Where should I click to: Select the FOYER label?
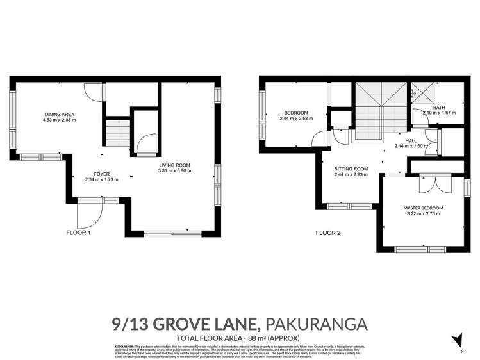coord(101,174)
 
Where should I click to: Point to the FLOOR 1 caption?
coord(79,233)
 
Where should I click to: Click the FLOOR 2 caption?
coord(327,233)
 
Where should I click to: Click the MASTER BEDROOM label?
coord(423,208)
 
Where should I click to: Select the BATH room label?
coord(439,106)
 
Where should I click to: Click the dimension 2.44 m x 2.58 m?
coord(295,119)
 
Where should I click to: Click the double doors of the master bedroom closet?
coord(427,183)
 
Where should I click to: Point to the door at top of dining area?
coord(94,92)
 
